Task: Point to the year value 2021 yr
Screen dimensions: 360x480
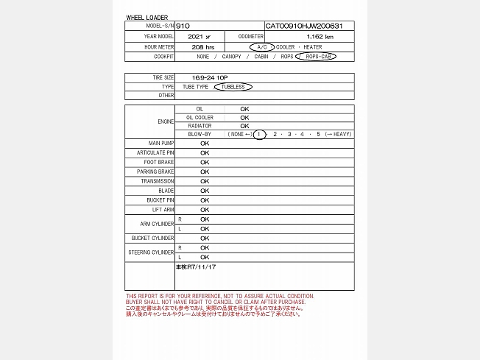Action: click(198, 36)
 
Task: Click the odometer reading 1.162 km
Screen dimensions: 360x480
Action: click(319, 36)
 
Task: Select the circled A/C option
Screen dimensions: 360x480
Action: click(261, 46)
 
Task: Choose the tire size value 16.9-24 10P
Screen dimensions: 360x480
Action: click(207, 77)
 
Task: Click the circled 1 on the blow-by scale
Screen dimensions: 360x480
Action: click(259, 134)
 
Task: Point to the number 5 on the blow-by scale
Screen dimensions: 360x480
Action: click(319, 134)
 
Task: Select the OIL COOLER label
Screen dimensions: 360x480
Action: click(200, 117)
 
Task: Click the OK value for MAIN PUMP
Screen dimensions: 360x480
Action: click(205, 143)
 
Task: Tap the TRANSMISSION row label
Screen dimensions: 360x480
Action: click(158, 181)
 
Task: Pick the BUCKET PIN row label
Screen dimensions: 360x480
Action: click(160, 200)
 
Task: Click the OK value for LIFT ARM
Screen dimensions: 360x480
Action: click(205, 210)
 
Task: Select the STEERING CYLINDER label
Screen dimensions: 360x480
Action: click(151, 253)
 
